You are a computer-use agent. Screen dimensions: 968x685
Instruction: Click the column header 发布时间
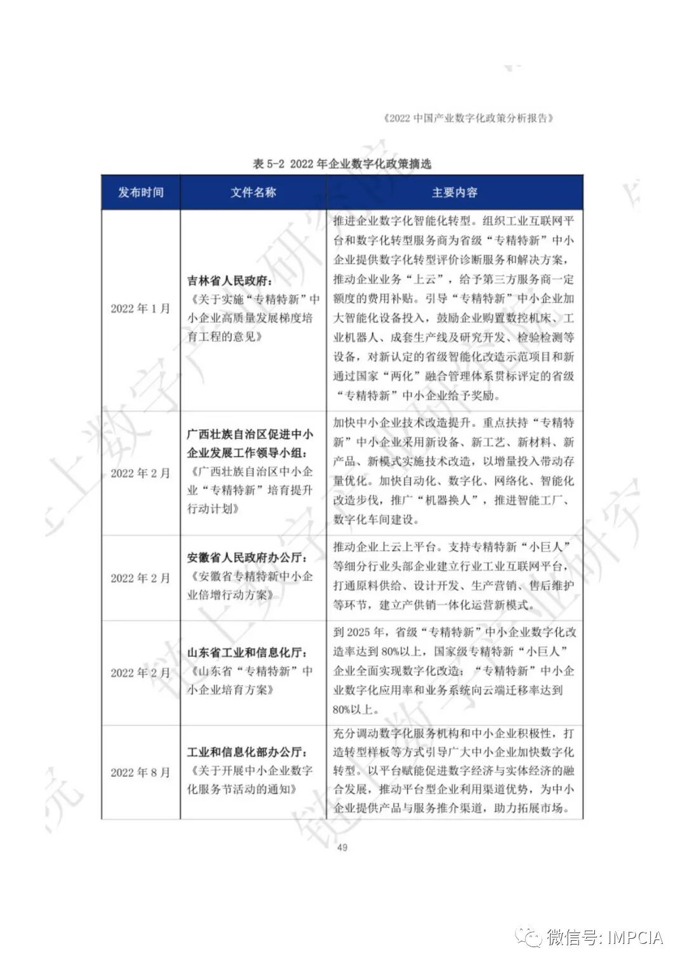pyautogui.click(x=140, y=193)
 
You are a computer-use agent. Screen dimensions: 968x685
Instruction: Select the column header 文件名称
pyautogui.click(x=253, y=193)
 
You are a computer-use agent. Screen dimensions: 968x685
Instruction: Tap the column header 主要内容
pyautogui.click(x=454, y=193)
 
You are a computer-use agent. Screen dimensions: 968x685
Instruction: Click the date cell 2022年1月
pyautogui.click(x=140, y=309)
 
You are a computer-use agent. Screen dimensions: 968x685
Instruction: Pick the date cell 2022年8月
pyautogui.click(x=140, y=772)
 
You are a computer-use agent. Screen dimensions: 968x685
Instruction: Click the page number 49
pyautogui.click(x=342, y=847)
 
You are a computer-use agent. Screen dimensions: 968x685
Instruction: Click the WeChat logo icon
pyautogui.click(x=528, y=937)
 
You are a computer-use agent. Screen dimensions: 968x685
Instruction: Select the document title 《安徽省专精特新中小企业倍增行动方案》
pyautogui.click(x=250, y=586)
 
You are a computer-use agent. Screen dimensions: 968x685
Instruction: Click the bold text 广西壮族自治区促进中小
pyautogui.click(x=250, y=435)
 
